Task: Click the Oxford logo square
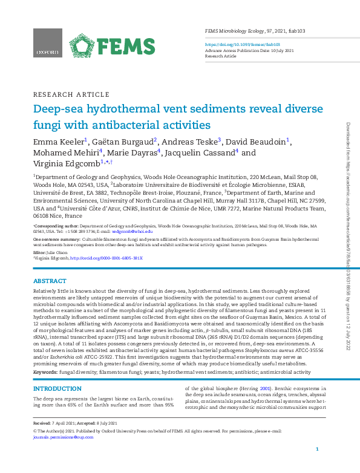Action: [47, 44]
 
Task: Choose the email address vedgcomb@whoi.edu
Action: [133, 232]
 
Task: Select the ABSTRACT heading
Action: [50, 281]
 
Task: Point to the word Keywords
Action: [45, 373]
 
